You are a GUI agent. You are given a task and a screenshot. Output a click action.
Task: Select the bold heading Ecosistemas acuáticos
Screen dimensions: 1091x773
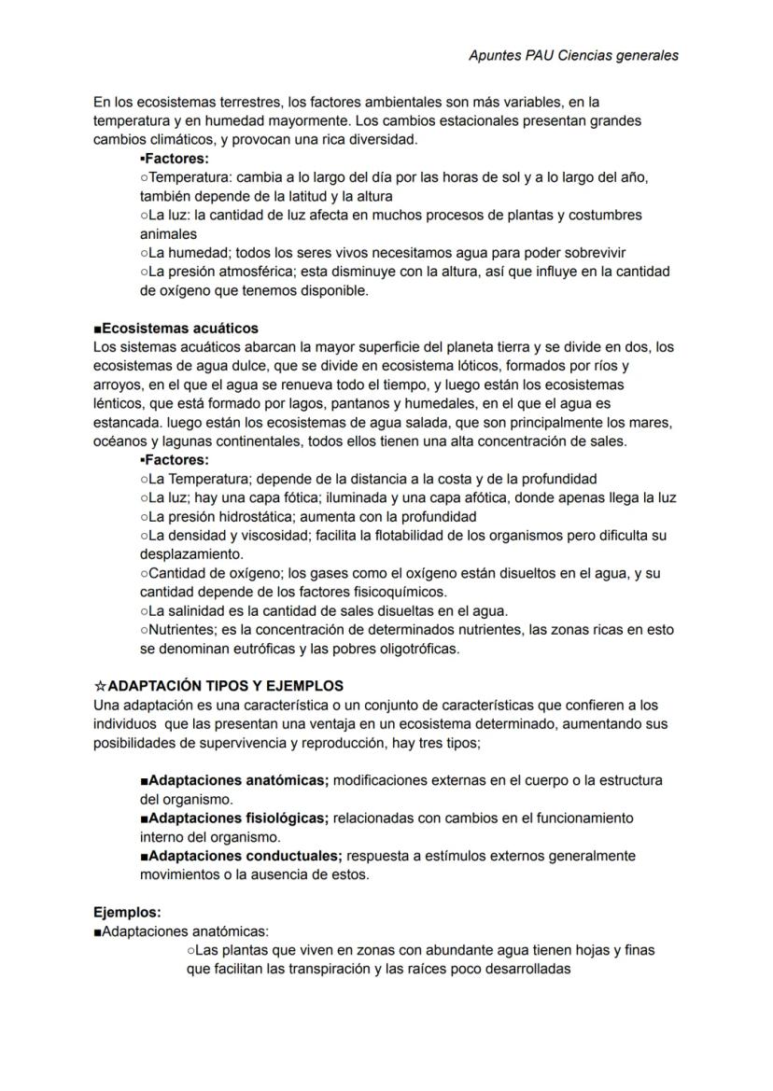coord(180,329)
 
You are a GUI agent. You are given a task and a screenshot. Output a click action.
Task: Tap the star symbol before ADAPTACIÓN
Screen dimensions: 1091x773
coord(100,686)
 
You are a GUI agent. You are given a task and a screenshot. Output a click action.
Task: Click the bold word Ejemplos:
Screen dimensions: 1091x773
coord(127,912)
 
